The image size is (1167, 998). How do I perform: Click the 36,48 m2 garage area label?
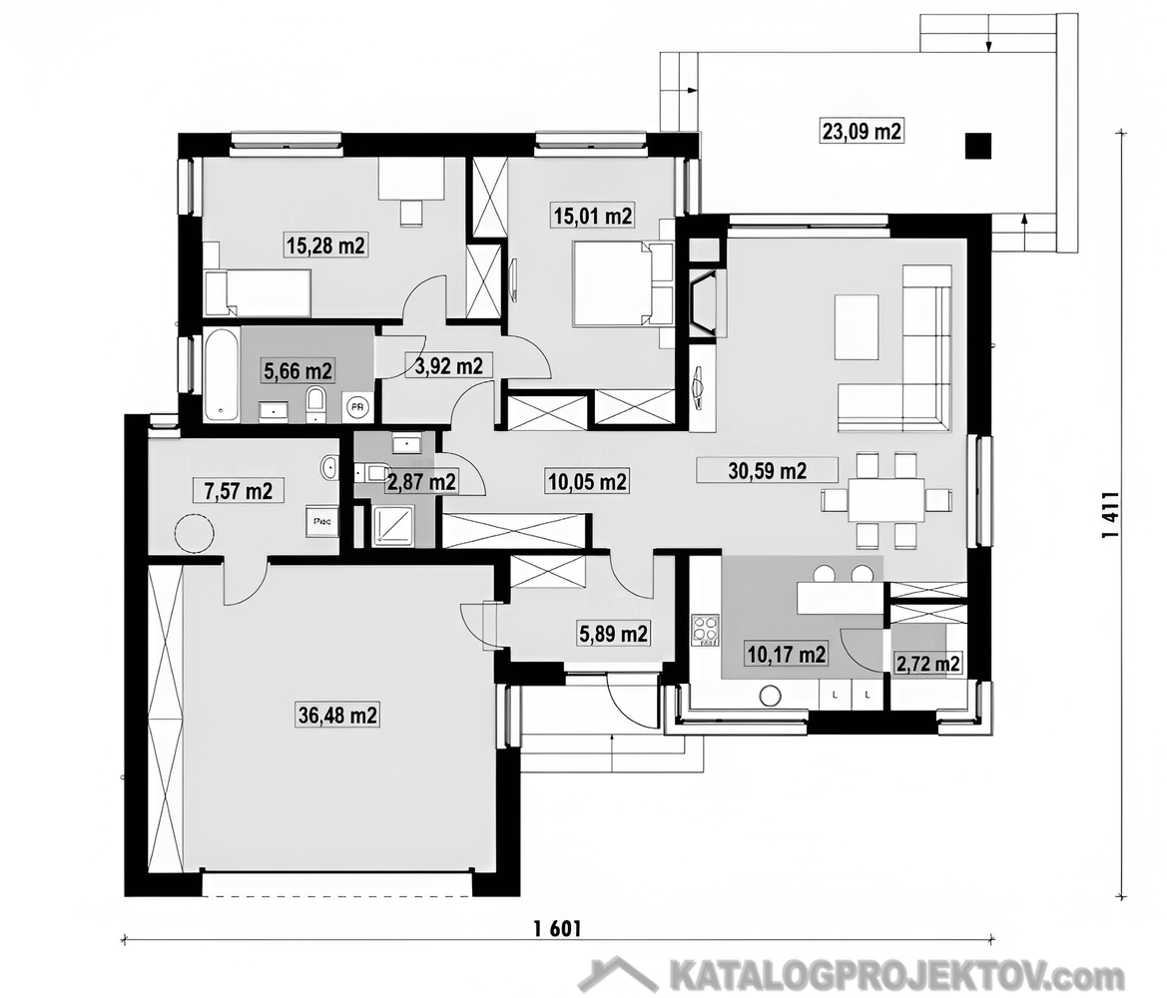337,716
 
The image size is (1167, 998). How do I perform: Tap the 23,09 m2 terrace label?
862,132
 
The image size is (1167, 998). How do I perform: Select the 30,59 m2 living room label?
768,470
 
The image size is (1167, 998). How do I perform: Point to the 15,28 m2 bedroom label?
326,245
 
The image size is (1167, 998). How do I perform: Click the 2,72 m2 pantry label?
926,663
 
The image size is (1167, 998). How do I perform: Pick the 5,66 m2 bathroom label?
297,369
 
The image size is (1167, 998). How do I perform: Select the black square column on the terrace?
978,146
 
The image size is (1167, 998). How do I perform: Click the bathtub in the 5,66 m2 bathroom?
222,374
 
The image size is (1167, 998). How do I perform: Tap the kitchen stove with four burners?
705,629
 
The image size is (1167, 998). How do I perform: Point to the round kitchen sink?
770,697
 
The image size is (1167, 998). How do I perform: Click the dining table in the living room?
886,500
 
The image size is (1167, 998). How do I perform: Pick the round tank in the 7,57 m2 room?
195,534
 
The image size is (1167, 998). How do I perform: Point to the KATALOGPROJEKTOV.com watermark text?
896,975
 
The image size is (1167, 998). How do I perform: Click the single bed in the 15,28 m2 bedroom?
258,293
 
